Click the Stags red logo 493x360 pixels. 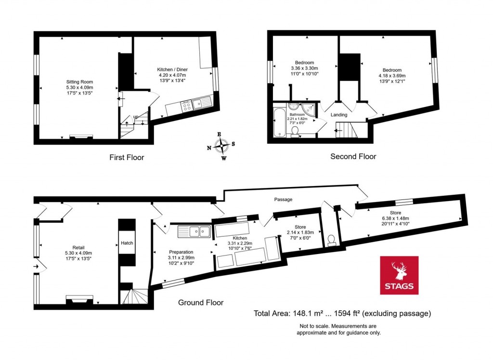[x=399, y=275]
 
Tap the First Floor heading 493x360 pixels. [x=127, y=157]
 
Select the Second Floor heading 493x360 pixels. [x=353, y=156]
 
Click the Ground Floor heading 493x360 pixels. [x=201, y=303]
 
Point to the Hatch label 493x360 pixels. [x=127, y=243]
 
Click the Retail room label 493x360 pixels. [x=78, y=248]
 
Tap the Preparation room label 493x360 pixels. [x=181, y=252]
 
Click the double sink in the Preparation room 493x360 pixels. [x=195, y=232]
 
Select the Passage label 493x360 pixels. [x=283, y=199]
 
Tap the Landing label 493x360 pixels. [x=339, y=115]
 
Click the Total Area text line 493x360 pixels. [x=342, y=314]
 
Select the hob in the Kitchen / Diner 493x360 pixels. [x=186, y=106]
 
